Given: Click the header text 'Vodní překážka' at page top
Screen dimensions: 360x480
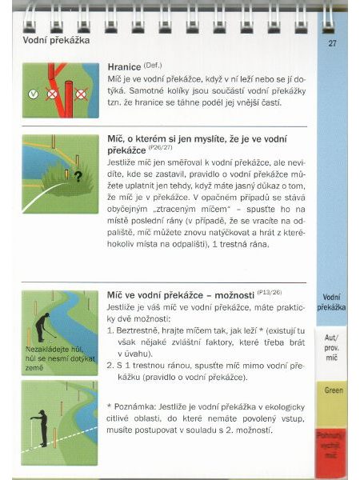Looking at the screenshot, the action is tap(56, 40).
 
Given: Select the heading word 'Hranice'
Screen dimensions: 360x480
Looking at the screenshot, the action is tap(124, 69).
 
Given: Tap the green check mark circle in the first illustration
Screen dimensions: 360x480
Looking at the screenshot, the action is tap(33, 94).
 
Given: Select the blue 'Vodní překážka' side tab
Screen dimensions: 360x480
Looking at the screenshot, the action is tap(331, 302).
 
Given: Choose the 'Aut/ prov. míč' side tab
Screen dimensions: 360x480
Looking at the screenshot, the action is tap(331, 344).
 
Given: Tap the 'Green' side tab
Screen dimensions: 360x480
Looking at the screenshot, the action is tap(331, 390).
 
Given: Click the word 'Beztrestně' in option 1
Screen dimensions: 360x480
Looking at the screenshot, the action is tap(135, 330).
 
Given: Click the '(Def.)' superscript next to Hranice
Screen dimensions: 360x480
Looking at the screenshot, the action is tap(153, 66).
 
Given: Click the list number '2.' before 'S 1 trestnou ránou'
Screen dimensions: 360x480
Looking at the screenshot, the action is tap(110, 364).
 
